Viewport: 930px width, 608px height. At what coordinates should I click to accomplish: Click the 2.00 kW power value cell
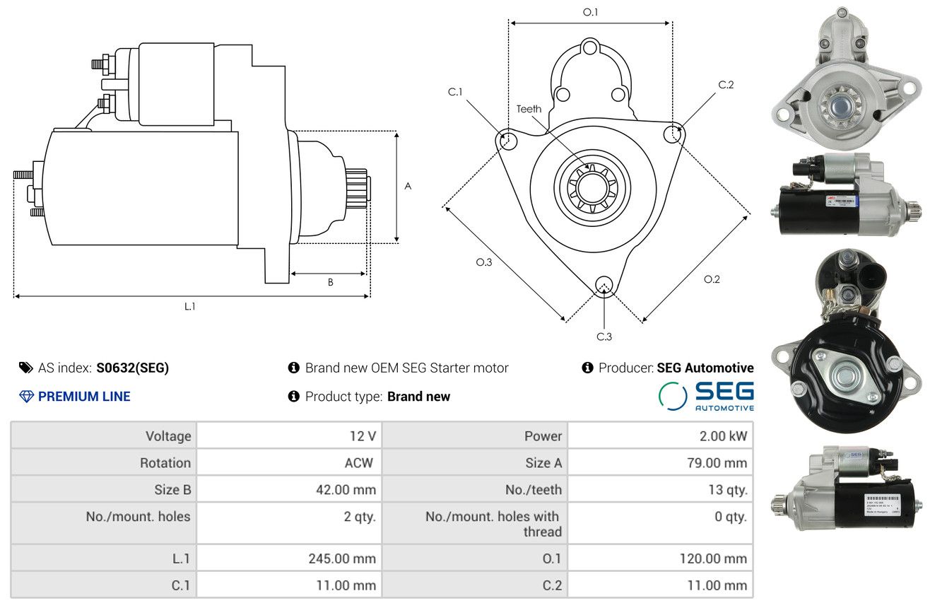723,435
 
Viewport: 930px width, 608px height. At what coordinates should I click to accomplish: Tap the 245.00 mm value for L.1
341,559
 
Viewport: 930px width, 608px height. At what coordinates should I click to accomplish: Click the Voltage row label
168,435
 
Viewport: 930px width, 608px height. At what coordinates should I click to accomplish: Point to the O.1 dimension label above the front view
591,12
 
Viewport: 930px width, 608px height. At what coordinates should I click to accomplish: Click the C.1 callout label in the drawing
455,92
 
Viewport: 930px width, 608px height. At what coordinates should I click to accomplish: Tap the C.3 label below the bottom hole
604,337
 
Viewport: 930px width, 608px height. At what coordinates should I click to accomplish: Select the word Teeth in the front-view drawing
529,109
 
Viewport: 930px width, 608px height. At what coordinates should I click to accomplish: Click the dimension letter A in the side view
408,186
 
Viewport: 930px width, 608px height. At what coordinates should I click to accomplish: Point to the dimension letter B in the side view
330,282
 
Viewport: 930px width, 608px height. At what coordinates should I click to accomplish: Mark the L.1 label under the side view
189,306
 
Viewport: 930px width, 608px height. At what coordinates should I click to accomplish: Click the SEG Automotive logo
706,396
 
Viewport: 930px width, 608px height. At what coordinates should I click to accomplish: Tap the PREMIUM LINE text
84,397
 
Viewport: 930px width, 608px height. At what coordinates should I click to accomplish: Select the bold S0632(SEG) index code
133,368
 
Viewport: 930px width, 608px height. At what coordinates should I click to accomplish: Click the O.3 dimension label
483,262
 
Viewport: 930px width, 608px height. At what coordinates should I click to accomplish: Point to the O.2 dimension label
712,279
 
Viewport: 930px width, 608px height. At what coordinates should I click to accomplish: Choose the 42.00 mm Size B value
342,489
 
